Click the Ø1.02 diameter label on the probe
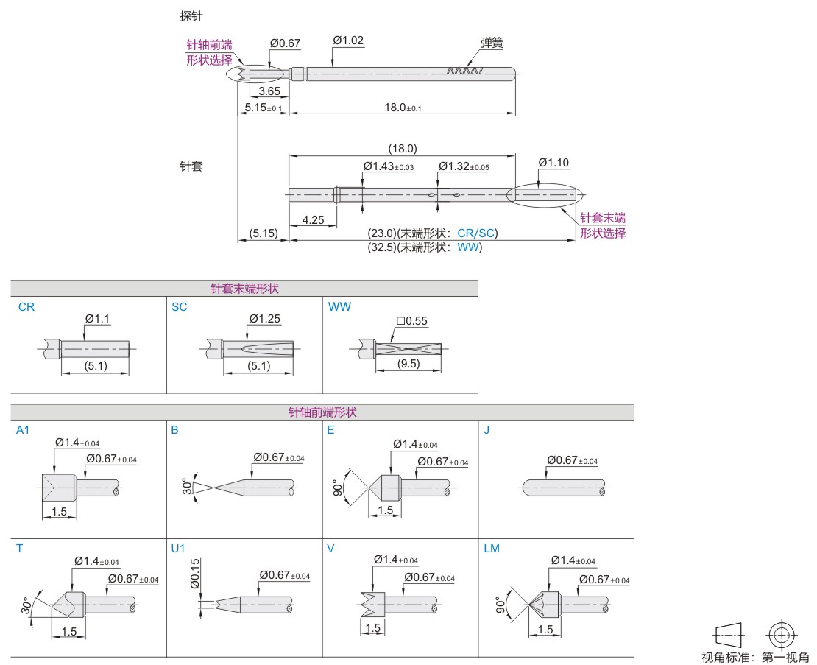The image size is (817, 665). (348, 41)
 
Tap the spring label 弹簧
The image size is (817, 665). (492, 43)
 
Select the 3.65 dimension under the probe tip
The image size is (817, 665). (269, 91)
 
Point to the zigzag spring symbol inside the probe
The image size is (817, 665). (464, 71)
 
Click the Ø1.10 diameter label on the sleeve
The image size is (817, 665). (553, 163)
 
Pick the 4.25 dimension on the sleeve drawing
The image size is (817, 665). (314, 219)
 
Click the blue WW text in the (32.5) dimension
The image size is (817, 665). (469, 248)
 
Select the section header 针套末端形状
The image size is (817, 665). (244, 289)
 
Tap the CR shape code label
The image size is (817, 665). (26, 306)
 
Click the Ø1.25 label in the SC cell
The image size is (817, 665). (266, 319)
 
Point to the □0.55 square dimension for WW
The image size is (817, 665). (411, 321)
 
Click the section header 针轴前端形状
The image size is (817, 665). (322, 412)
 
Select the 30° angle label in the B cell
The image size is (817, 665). (188, 487)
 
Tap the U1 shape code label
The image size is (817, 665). (178, 549)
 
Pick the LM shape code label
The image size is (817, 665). (492, 549)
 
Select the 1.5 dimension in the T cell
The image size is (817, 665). (69, 631)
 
